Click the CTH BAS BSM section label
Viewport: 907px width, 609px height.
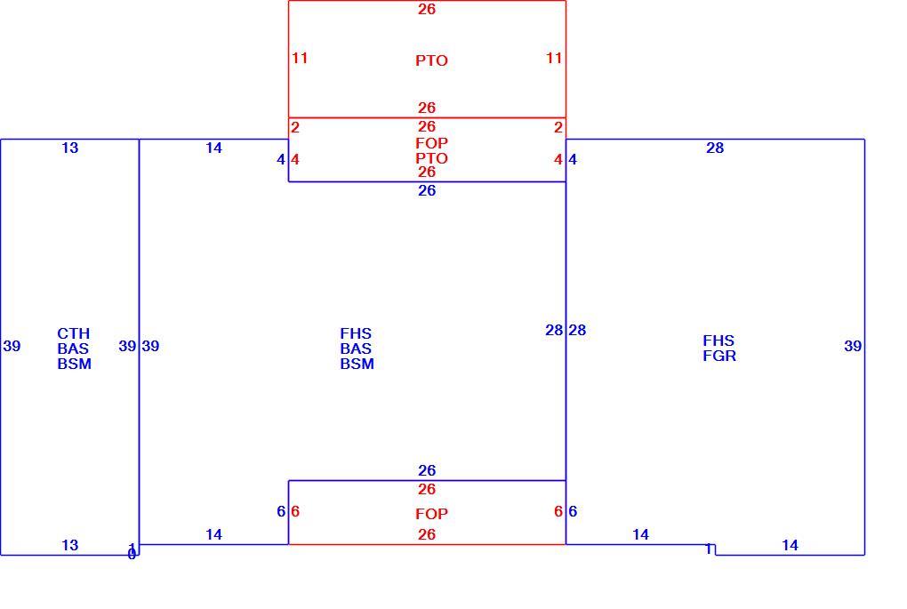coord(74,349)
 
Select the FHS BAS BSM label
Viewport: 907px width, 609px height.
coord(357,349)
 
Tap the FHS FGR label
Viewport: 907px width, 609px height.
coord(719,349)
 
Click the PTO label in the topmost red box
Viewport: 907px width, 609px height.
coord(431,60)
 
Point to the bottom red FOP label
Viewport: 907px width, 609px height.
coord(431,514)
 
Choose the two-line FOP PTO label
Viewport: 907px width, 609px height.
coord(431,151)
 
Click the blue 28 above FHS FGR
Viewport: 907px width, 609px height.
coord(715,148)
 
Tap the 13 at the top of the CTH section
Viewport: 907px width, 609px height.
coord(70,148)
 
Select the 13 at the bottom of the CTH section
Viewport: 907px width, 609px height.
coord(70,545)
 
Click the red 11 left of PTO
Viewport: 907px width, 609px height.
coord(300,59)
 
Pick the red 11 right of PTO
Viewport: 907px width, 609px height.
coord(554,59)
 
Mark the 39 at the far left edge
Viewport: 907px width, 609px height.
coord(12,347)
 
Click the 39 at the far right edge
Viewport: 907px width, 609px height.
coord(853,347)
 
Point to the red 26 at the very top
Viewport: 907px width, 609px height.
coord(427,9)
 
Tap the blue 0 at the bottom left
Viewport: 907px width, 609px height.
coord(132,556)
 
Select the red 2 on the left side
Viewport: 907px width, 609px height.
coord(295,128)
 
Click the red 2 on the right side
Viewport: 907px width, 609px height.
coord(558,128)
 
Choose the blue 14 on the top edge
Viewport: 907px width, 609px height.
coord(214,148)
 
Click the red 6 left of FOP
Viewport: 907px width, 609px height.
coord(295,512)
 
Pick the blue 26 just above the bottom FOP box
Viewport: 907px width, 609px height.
coord(427,471)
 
